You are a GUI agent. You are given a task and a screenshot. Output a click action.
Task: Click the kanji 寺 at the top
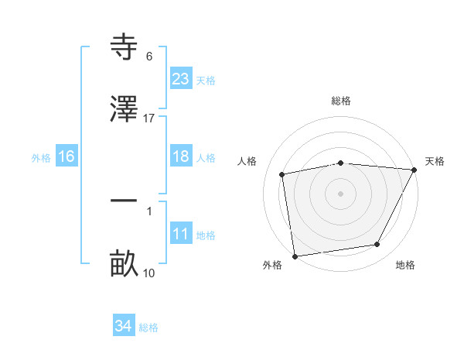(x=124, y=48)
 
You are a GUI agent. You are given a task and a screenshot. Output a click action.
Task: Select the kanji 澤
(x=124, y=108)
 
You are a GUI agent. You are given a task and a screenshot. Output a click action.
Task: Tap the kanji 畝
(x=124, y=263)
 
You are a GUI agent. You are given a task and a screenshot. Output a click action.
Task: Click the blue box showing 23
(x=181, y=78)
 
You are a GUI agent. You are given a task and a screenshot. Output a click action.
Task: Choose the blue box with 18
(x=181, y=156)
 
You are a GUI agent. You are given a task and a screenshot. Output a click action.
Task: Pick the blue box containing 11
(x=181, y=234)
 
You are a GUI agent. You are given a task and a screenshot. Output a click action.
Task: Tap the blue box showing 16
(x=66, y=156)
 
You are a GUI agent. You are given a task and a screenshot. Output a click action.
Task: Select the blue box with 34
(x=124, y=326)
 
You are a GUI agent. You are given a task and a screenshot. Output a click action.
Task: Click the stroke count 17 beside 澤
(x=149, y=118)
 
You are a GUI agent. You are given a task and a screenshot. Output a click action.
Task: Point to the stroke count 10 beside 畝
(x=149, y=273)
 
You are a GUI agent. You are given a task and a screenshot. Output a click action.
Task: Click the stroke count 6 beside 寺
(x=149, y=57)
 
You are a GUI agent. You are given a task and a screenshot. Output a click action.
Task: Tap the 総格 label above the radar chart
(x=341, y=101)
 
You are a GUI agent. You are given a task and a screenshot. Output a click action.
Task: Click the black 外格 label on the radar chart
(x=272, y=266)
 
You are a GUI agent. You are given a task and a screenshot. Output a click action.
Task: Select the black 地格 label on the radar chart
(x=405, y=266)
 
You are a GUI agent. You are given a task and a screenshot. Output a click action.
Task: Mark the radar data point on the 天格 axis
(x=415, y=170)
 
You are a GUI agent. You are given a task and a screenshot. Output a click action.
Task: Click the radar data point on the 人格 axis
(x=283, y=174)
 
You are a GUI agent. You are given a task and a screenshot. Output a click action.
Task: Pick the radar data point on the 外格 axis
(x=295, y=256)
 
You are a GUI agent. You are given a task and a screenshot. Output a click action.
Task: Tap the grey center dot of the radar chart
(x=341, y=193)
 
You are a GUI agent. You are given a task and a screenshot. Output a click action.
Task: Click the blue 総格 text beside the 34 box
(x=148, y=328)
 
